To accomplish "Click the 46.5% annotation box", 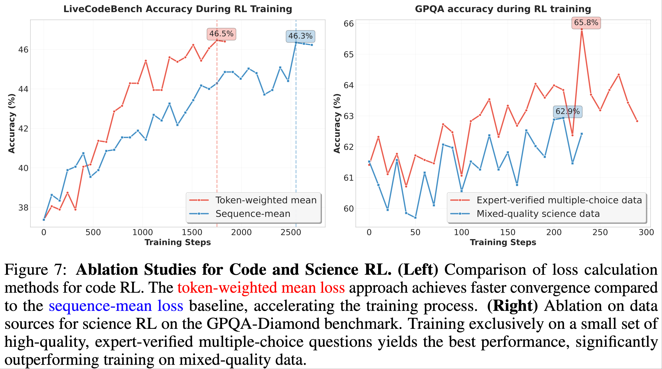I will point(221,34).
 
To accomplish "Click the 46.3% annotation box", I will point(300,36).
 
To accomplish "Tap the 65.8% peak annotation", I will point(586,23).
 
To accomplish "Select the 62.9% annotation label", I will point(567,111).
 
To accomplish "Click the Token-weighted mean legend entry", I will point(266,200).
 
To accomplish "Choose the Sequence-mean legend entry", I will point(253,214).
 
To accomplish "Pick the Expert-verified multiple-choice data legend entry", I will point(559,200).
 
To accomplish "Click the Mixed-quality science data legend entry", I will point(538,214).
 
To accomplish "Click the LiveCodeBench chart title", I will point(178,9).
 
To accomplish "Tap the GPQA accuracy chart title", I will point(503,9).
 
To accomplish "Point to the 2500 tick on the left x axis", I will point(291,233).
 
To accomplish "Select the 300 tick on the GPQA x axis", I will point(646,233).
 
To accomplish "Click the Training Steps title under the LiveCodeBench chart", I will point(178,242).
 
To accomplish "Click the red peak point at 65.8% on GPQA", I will point(581,29).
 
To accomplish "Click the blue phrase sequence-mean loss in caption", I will point(116,306).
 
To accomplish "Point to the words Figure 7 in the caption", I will point(36,270).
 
